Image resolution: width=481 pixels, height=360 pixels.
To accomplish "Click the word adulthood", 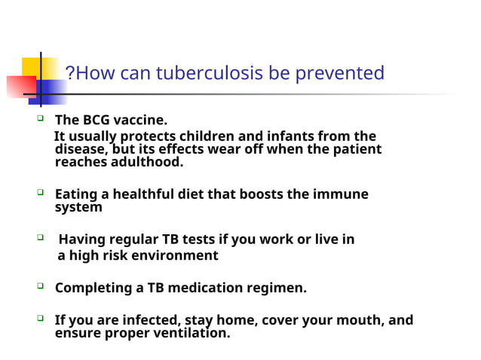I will click(x=146, y=162).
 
